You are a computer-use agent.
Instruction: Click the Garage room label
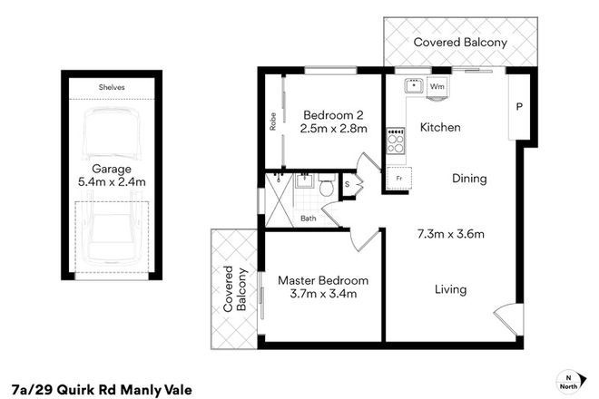tap(113, 169)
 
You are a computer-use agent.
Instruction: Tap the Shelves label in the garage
tap(113, 87)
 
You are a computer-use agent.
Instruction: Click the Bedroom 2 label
tap(333, 115)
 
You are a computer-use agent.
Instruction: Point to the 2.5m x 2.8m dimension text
tap(333, 129)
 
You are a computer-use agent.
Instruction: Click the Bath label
tap(309, 218)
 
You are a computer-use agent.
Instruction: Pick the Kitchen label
tap(440, 128)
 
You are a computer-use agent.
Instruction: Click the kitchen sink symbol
tap(413, 86)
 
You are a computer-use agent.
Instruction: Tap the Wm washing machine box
tap(437, 86)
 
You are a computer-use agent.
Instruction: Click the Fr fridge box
tap(398, 179)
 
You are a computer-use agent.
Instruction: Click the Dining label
tap(469, 179)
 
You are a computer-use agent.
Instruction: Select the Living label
tap(450, 290)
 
